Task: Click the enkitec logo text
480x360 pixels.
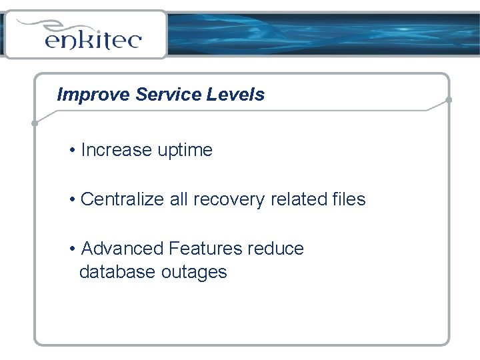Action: coord(93,40)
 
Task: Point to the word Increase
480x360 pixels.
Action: coord(116,150)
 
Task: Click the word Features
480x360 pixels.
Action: coord(205,249)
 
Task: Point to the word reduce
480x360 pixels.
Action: coord(275,249)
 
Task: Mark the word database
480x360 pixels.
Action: coord(117,272)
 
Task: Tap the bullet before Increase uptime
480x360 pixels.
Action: coord(71,151)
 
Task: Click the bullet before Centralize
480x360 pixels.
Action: coord(71,199)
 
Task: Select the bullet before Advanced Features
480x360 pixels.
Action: coord(71,249)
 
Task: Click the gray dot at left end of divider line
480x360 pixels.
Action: coord(35,123)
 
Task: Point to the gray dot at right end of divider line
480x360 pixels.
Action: coord(449,100)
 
